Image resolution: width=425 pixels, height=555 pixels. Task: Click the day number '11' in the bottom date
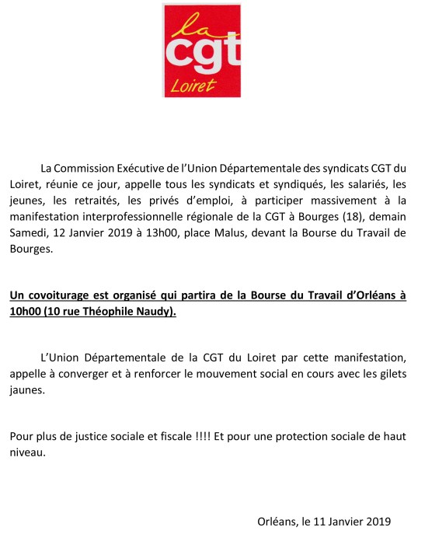pos(319,522)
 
